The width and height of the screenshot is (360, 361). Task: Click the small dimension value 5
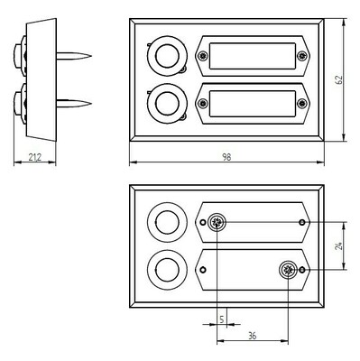(x=221, y=316)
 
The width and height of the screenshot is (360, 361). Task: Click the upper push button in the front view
(x=166, y=58)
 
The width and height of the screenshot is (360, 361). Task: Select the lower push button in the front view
(x=166, y=101)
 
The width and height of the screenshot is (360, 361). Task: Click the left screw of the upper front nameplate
(x=203, y=56)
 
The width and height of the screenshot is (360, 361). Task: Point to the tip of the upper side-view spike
(x=90, y=58)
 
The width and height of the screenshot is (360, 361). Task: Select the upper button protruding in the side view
(x=19, y=53)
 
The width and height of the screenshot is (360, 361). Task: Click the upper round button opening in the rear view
(x=165, y=222)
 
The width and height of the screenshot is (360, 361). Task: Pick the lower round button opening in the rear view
(x=165, y=269)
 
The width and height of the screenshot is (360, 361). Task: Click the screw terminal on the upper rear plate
(x=217, y=223)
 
